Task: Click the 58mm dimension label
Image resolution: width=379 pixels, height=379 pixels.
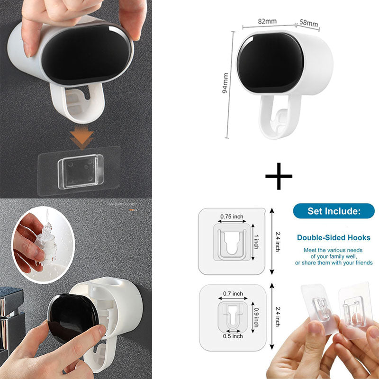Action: tap(308, 23)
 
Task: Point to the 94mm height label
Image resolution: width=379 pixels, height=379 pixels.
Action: tap(226, 83)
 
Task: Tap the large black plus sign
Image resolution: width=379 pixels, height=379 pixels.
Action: tap(279, 176)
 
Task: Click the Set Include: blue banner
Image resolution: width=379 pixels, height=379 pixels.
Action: tap(334, 211)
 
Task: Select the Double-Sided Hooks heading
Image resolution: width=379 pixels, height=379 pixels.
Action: tap(334, 238)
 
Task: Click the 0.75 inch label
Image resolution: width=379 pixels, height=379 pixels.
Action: tap(232, 217)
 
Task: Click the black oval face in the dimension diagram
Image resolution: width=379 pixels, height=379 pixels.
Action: tap(270, 63)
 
